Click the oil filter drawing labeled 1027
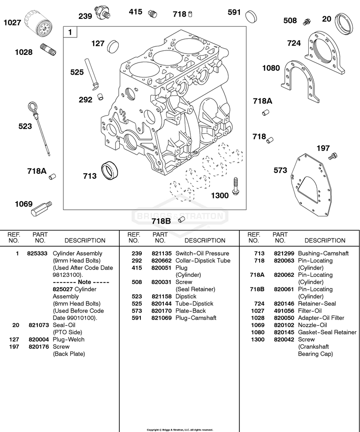pos(38,23)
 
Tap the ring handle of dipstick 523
pos(32,106)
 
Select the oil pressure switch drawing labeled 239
pos(103,12)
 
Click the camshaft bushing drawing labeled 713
pos(110,171)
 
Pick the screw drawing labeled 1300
pos(235,186)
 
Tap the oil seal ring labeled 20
pos(344,24)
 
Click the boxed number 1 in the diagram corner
pos(70,32)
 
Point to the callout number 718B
pos(161,221)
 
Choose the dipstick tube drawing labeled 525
pos(91,74)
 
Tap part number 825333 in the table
pos(37,253)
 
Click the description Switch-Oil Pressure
pos(202,253)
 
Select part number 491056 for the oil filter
pos(284,310)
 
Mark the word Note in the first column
pos(84,282)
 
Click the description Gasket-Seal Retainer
pos(327,332)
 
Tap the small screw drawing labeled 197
pos(333,156)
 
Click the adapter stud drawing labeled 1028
pos(49,49)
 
